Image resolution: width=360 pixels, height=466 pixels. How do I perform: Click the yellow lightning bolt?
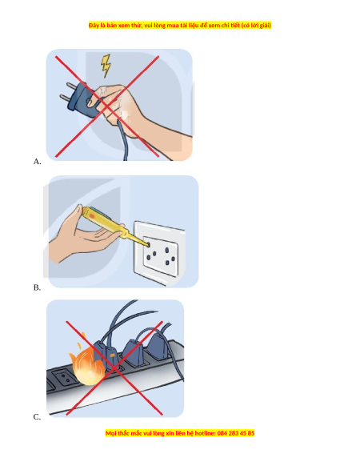(106, 66)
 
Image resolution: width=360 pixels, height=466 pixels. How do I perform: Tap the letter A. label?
(37, 162)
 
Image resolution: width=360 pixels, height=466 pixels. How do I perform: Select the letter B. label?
(37, 287)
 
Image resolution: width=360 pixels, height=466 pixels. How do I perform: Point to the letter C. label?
(37, 417)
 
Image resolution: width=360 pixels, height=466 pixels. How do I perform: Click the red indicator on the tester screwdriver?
(92, 215)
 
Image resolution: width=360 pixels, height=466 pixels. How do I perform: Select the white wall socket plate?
(159, 252)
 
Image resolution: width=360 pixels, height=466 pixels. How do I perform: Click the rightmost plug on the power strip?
(158, 347)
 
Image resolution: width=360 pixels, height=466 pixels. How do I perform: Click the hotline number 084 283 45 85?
(236, 433)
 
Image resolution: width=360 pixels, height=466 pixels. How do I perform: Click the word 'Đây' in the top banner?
(94, 26)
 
